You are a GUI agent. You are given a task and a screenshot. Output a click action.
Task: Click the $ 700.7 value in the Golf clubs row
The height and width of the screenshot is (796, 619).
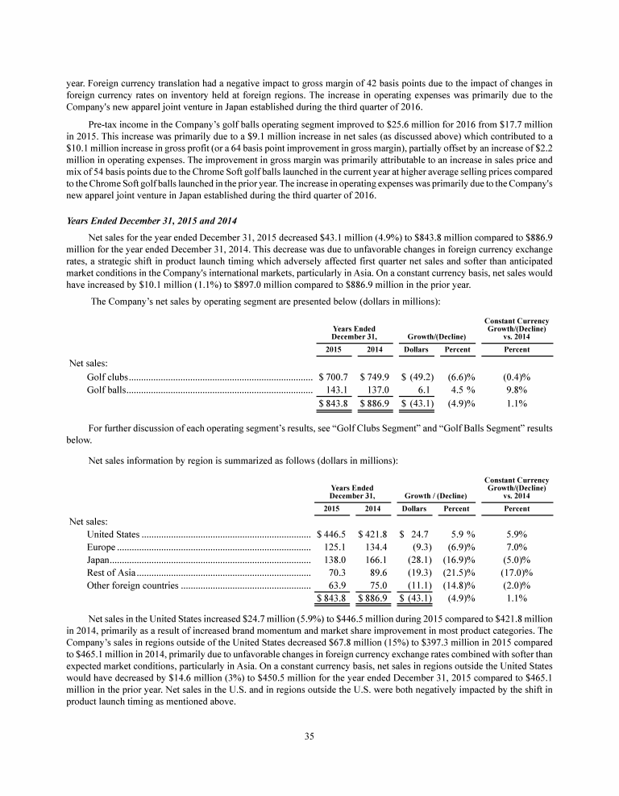[334, 377]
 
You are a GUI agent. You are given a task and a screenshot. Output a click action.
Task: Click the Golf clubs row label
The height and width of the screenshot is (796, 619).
[106, 377]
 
